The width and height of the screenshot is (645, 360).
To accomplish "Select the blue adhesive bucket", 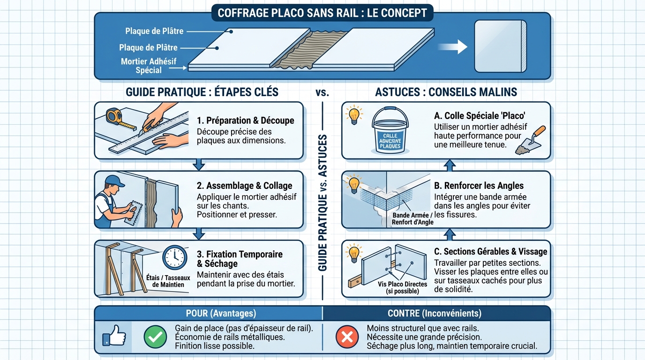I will pyautogui.click(x=390, y=131).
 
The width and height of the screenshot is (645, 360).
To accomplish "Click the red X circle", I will pyautogui.click(x=346, y=337).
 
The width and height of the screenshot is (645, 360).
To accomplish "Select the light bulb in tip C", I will pyautogui.click(x=354, y=253).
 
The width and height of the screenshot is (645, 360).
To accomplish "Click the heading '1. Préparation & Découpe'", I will pyautogui.click(x=245, y=120).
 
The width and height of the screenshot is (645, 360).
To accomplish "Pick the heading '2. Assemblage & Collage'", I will pyautogui.click(x=244, y=186).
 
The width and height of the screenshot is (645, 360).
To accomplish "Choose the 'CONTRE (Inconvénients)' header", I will pyautogui.click(x=434, y=313).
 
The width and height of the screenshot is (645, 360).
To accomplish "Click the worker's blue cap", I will pyautogui.click(x=114, y=181).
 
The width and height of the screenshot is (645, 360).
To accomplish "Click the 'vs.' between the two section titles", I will pyautogui.click(x=322, y=91).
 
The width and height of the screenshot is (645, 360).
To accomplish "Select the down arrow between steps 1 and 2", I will pyautogui.click(x=199, y=165).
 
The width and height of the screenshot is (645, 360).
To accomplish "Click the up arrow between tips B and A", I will pyautogui.click(x=450, y=165).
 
